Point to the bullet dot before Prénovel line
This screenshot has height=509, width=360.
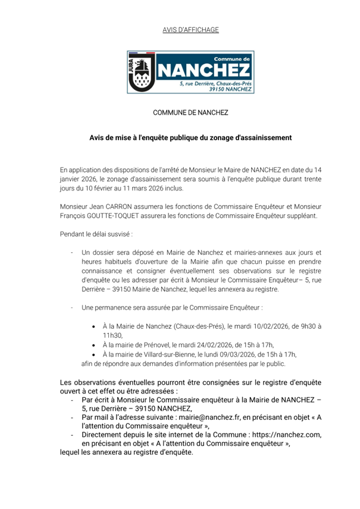click(95, 345)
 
